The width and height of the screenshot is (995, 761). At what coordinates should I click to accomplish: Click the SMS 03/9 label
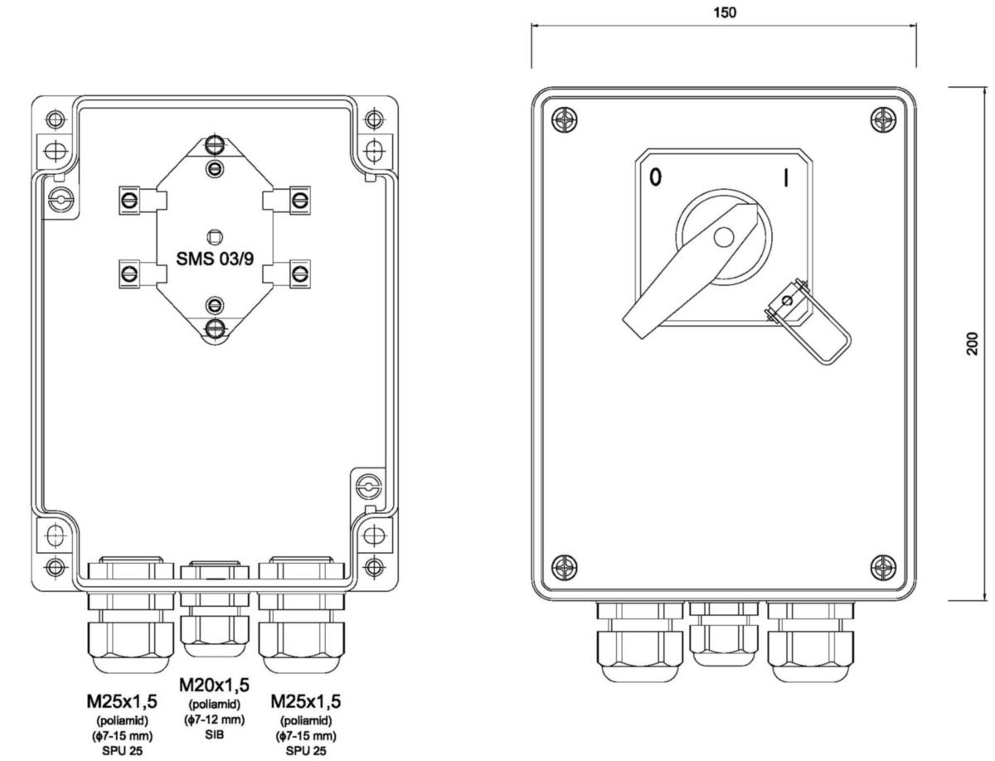(x=215, y=258)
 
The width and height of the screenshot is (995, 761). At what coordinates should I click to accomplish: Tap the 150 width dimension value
(x=724, y=12)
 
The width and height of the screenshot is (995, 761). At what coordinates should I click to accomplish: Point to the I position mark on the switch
(x=784, y=178)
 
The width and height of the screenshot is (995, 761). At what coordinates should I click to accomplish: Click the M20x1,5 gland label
(x=215, y=685)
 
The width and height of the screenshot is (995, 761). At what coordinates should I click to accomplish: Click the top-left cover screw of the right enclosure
(x=564, y=119)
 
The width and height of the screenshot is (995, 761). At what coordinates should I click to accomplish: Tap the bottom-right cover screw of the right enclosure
(x=884, y=568)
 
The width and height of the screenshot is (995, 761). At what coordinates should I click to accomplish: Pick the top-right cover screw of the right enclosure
(x=884, y=119)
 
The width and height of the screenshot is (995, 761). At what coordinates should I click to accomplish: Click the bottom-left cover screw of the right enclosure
(x=564, y=568)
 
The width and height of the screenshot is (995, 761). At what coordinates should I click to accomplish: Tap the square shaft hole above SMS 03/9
(x=215, y=235)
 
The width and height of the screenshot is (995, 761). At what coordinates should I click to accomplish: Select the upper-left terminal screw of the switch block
(x=130, y=199)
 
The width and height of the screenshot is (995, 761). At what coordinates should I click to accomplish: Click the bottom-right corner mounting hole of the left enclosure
(x=375, y=567)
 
